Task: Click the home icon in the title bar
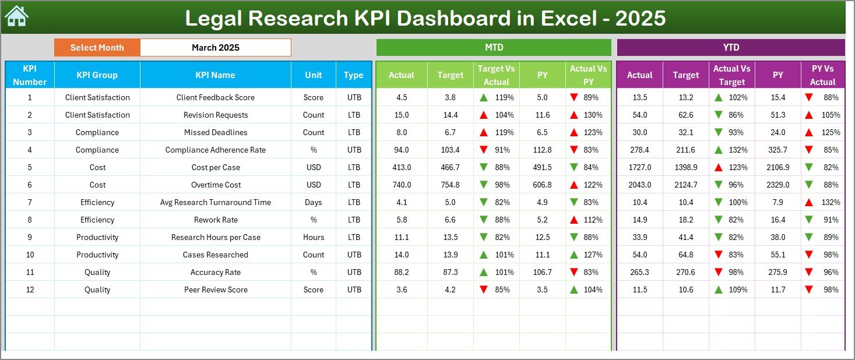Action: [16, 17]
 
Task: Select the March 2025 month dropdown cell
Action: [216, 48]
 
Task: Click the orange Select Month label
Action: [97, 48]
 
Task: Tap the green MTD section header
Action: [494, 48]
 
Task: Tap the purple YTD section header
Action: [730, 48]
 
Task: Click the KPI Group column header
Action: [97, 75]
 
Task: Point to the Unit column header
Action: [314, 75]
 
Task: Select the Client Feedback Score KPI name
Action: [216, 97]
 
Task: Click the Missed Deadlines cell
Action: [216, 132]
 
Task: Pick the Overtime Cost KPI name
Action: [216, 185]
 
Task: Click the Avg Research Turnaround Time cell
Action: [216, 202]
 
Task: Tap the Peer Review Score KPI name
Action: [216, 290]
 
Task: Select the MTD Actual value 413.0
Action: [402, 167]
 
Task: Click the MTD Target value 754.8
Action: [451, 185]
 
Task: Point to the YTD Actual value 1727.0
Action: [639, 167]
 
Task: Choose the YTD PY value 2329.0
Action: [778, 185]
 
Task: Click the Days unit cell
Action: [314, 202]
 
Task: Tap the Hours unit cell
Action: [314, 237]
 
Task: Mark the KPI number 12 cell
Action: [30, 290]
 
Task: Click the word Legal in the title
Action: [213, 18]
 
